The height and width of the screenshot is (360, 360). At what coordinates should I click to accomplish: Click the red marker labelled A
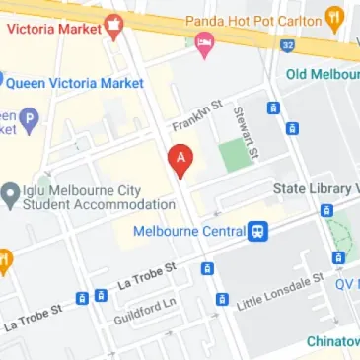(x=180, y=160)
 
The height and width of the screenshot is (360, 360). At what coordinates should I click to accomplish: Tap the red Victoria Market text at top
(x=54, y=29)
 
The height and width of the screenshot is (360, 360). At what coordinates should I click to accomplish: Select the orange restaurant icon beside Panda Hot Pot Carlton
(x=338, y=20)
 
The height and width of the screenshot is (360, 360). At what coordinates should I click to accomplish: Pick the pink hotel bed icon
(x=204, y=41)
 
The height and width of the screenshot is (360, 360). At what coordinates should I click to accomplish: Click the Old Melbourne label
(x=322, y=75)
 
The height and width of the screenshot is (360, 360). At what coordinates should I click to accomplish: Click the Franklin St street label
(x=193, y=123)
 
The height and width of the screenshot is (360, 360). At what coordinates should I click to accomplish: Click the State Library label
(x=316, y=187)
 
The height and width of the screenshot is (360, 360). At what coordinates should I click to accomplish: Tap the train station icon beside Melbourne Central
(x=257, y=231)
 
